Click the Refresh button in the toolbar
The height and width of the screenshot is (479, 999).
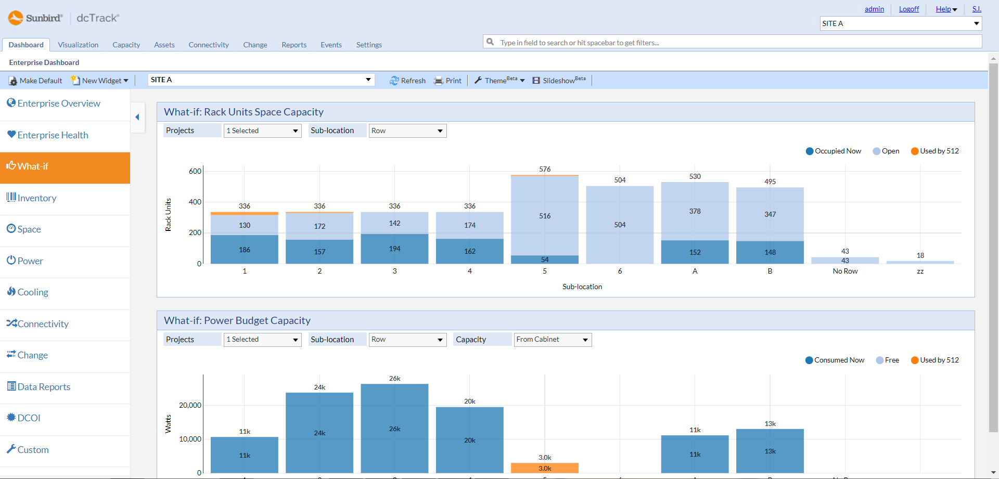pyautogui.click(x=407, y=81)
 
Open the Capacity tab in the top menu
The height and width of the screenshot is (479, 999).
pyautogui.click(x=126, y=45)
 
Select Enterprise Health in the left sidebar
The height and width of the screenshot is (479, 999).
pyautogui.click(x=47, y=135)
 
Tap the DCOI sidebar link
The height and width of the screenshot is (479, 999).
pyautogui.click(x=23, y=418)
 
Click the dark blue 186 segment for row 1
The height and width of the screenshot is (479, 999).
pyautogui.click(x=245, y=250)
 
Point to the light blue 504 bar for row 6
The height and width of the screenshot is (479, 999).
pyautogui.click(x=620, y=225)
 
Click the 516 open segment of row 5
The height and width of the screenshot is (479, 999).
pyautogui.click(x=545, y=216)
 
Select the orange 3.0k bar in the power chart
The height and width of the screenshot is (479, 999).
pyautogui.click(x=545, y=468)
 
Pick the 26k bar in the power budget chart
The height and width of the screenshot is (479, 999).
pyautogui.click(x=394, y=429)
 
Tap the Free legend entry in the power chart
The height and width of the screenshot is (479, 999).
pyautogui.click(x=887, y=360)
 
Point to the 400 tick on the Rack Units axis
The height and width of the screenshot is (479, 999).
pyautogui.click(x=195, y=202)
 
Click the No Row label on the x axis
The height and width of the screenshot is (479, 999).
pyautogui.click(x=845, y=271)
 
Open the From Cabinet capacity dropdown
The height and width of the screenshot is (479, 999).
pyautogui.click(x=553, y=340)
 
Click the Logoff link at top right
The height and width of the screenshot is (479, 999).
pyautogui.click(x=909, y=9)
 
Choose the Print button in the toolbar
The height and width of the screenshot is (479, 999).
pyautogui.click(x=447, y=81)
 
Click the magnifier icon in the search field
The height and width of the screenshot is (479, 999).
pyautogui.click(x=490, y=42)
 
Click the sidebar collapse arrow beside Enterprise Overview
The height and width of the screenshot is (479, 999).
pyautogui.click(x=137, y=117)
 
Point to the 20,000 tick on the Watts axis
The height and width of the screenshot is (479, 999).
pyautogui.click(x=190, y=405)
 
